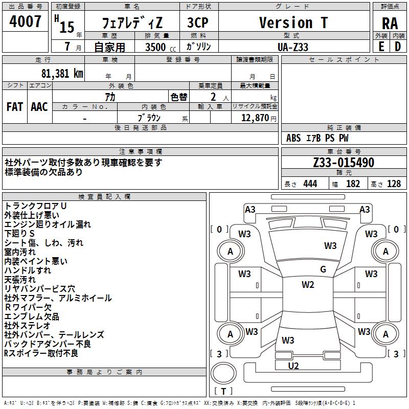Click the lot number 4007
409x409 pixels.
(25, 21)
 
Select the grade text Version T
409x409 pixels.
(293, 22)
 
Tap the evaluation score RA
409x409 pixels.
(390, 24)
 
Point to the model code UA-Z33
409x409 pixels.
(293, 47)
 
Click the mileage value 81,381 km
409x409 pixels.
(62, 73)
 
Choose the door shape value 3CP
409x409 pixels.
(198, 22)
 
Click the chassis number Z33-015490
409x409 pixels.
(344, 163)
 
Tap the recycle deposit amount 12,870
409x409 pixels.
(255, 118)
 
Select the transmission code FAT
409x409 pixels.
(15, 107)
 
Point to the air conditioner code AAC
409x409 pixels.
(39, 107)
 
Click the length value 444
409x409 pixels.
(310, 184)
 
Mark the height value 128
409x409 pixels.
(394, 184)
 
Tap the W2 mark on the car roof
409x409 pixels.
(308, 285)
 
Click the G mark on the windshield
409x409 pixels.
(323, 269)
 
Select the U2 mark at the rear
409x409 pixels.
(293, 366)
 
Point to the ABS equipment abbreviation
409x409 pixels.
(293, 138)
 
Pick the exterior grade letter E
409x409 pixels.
(381, 47)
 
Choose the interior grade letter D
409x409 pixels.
(398, 47)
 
